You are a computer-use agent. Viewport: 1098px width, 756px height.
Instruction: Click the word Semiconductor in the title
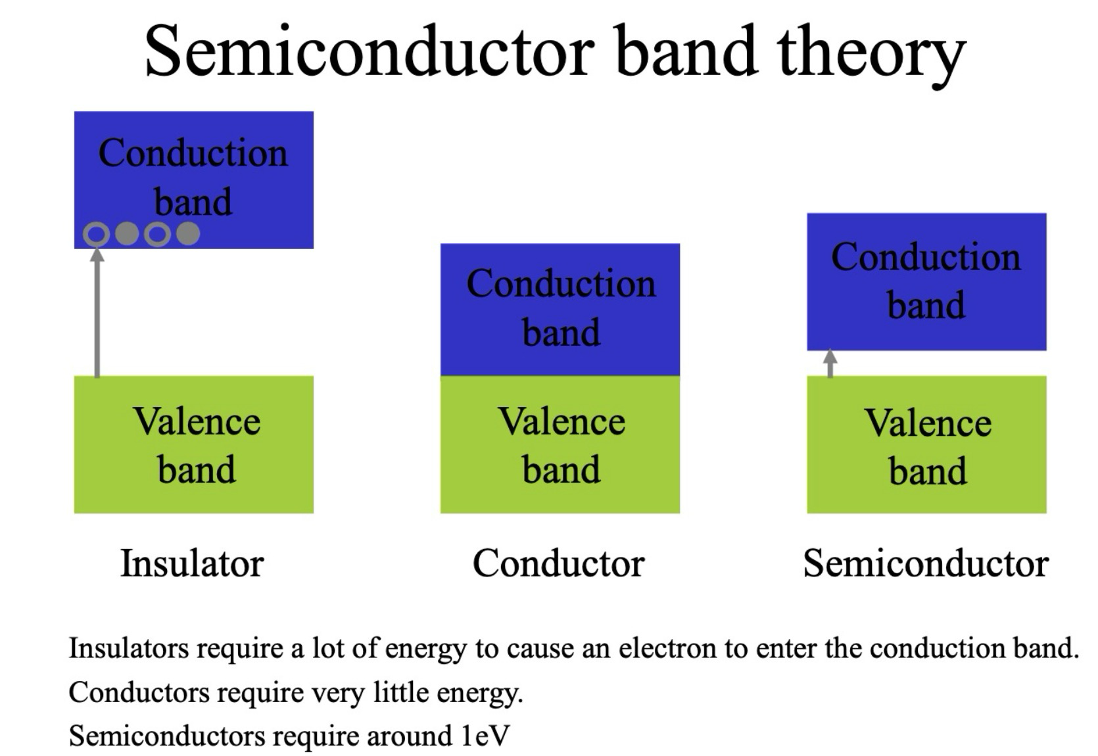point(370,51)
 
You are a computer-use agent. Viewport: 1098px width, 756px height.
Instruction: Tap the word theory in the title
point(872,56)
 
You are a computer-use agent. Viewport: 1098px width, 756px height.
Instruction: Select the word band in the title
point(686,51)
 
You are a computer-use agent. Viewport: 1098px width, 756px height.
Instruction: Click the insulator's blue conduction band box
point(193,180)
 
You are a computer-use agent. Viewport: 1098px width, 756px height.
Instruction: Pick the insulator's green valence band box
point(193,444)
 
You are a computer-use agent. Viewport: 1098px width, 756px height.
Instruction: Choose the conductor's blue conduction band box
point(560,310)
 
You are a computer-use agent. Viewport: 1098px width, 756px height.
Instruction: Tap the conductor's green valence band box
point(560,444)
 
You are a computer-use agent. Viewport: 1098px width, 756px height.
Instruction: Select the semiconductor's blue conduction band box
point(926,282)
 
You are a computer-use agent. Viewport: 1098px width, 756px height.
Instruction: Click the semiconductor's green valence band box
point(926,444)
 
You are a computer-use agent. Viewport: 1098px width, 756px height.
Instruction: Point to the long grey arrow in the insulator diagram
point(97,313)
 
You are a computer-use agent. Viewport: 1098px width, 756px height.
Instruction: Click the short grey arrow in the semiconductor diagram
point(830,363)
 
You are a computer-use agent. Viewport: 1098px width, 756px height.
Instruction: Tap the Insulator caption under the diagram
point(192,564)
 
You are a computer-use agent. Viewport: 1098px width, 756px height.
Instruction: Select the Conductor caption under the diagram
point(558,564)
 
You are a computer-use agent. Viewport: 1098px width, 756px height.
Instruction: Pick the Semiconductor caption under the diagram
point(926,564)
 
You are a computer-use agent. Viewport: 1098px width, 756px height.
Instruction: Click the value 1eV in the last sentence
point(485,736)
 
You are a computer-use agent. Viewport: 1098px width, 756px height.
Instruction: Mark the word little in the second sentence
point(401,692)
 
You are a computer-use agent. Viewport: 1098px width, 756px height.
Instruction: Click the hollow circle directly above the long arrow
point(97,234)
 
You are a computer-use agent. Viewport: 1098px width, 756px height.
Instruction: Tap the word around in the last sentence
point(410,736)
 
